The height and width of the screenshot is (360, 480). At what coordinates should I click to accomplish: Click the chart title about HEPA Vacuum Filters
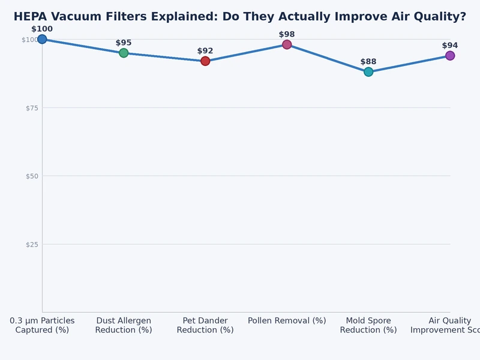(240, 17)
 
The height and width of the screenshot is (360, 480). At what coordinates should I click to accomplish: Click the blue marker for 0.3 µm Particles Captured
(42, 39)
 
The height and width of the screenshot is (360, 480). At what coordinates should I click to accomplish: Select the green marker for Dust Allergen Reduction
(124, 53)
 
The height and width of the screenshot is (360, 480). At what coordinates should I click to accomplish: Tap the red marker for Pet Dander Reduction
(205, 61)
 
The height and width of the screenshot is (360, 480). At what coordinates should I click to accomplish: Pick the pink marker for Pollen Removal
(287, 44)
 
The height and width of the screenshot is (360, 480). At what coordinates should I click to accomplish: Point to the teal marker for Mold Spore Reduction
(368, 72)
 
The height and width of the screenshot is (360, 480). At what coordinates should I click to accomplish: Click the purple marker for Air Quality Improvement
(450, 56)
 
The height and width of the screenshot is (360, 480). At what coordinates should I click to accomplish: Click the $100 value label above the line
(42, 29)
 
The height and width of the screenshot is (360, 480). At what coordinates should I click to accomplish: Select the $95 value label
(124, 43)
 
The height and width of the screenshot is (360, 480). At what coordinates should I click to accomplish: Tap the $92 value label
(205, 51)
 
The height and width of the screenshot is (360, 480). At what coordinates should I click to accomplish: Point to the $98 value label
(287, 34)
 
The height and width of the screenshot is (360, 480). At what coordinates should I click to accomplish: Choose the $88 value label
(368, 62)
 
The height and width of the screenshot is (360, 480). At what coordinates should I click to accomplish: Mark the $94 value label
(450, 46)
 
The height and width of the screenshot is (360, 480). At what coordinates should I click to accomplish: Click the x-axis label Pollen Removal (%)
(287, 321)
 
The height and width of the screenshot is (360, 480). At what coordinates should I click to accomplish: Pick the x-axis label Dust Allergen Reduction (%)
(124, 325)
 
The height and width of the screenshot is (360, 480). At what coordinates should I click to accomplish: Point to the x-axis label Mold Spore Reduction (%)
(368, 325)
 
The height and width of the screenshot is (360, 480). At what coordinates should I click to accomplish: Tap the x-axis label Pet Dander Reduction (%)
(205, 325)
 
